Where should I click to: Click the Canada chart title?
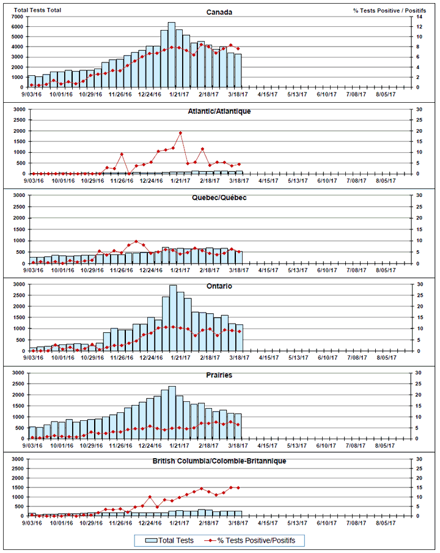(x=219, y=12)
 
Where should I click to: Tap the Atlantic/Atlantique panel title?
(x=219, y=111)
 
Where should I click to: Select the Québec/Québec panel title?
(x=219, y=198)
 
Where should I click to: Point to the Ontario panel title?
(x=219, y=286)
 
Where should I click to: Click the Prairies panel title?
(x=219, y=375)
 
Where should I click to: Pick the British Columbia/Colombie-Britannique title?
(x=219, y=461)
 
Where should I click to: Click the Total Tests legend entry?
(x=166, y=541)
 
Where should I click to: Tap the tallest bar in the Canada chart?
(x=172, y=55)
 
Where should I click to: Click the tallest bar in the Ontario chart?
(x=173, y=318)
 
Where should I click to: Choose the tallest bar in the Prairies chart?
(x=172, y=412)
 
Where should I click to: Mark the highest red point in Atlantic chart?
(x=180, y=133)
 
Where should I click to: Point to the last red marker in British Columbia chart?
(x=238, y=488)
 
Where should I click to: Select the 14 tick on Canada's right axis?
(x=419, y=16)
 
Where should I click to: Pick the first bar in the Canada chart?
(x=32, y=82)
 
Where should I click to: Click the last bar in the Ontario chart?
(x=239, y=338)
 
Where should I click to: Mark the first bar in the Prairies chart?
(x=32, y=432)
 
